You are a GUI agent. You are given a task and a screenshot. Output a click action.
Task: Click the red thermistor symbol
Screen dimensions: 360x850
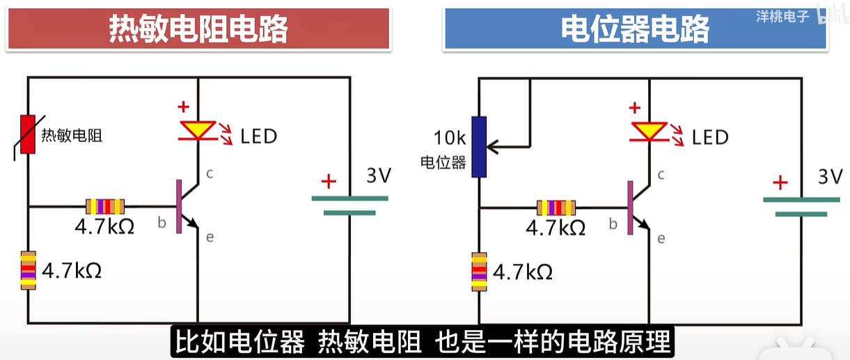tap(27, 134)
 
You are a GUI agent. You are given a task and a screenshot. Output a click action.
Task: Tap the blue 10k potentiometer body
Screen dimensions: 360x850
tap(478, 147)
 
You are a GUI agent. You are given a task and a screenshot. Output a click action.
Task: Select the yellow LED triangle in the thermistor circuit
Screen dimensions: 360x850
tap(198, 130)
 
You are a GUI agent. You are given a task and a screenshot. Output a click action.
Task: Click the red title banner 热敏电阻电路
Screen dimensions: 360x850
tap(198, 29)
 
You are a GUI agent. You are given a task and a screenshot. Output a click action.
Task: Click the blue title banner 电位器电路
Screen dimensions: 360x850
tap(635, 29)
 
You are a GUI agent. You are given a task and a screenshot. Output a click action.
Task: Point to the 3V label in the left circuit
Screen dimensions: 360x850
tap(379, 175)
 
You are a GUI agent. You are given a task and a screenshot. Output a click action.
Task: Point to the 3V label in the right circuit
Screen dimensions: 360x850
tap(830, 177)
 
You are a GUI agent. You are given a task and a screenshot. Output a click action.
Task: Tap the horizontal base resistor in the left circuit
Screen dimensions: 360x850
tap(105, 206)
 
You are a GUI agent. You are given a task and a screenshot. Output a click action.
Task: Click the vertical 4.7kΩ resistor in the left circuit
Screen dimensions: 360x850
tap(28, 269)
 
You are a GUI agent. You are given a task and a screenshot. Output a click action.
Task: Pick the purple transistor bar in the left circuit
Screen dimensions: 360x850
tap(179, 206)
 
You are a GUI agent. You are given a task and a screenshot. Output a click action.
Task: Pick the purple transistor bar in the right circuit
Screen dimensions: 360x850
tap(631, 207)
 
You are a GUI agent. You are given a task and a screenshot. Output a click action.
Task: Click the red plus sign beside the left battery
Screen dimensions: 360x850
tap(328, 182)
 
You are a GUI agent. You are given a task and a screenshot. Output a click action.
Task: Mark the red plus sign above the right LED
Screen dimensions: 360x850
tap(633, 108)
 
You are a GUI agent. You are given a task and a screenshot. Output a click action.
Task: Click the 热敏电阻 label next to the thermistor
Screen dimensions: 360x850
tap(72, 136)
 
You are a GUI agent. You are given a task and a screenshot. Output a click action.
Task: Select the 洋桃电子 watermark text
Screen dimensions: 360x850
tap(782, 16)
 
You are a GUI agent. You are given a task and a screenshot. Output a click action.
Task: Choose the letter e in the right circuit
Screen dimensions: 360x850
tap(661, 239)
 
